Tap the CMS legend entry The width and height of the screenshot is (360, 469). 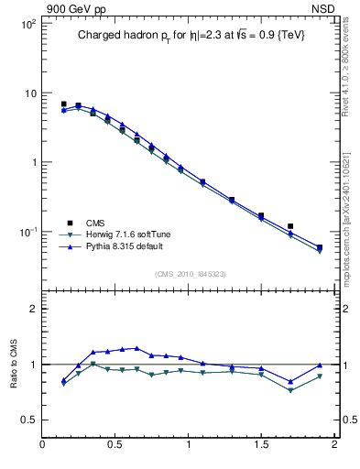94,223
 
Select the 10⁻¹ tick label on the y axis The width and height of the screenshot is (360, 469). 28,232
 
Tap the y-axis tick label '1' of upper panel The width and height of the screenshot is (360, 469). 33,162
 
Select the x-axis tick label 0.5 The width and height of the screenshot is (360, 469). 115,446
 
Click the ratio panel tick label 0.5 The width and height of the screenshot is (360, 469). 29,420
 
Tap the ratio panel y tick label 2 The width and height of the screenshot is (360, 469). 33,309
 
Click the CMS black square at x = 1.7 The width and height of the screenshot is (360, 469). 290,225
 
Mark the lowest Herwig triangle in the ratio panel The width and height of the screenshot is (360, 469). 290,390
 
